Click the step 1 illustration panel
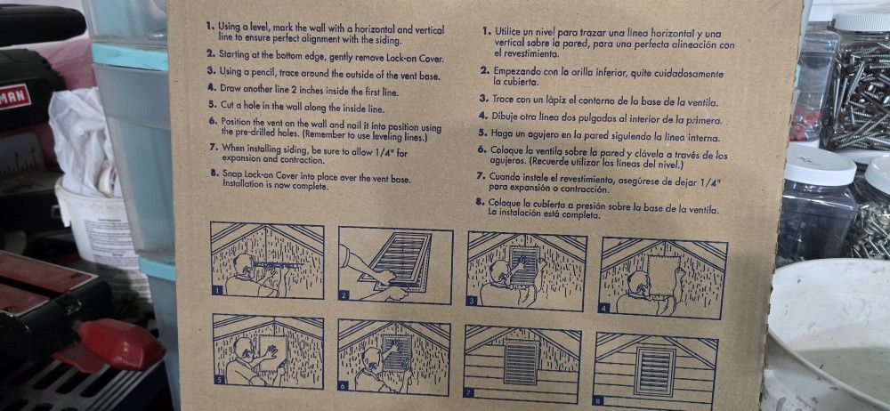[x=267, y=261]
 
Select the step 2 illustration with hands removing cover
[x=396, y=265]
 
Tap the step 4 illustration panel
[x=664, y=278]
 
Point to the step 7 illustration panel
[x=522, y=365]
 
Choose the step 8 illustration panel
[x=656, y=371]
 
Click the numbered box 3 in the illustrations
[x=472, y=301]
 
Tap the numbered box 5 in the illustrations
[x=219, y=379]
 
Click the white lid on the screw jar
[x=862, y=20]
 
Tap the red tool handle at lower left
[x=120, y=344]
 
